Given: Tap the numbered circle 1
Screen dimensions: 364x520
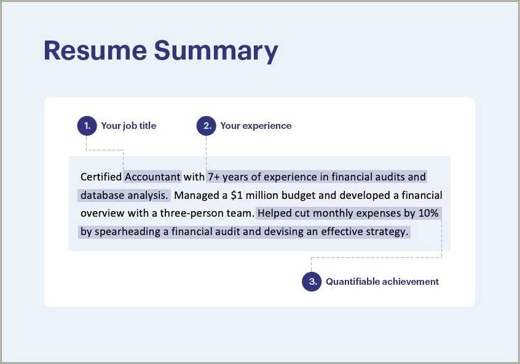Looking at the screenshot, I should (87, 126).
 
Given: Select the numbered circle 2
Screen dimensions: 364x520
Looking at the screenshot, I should (206, 126).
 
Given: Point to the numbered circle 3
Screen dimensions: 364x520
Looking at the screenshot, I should (312, 282).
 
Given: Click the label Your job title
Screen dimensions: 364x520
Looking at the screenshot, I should (128, 126).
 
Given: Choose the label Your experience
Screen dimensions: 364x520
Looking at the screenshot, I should (256, 126).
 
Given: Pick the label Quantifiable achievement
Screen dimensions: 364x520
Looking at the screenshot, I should (382, 282).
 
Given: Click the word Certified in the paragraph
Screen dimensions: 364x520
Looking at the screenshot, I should (101, 177).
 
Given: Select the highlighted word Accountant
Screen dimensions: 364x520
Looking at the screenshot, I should (152, 177).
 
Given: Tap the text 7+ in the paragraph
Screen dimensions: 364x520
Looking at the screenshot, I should (214, 177).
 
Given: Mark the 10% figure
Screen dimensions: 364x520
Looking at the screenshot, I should (428, 214).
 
